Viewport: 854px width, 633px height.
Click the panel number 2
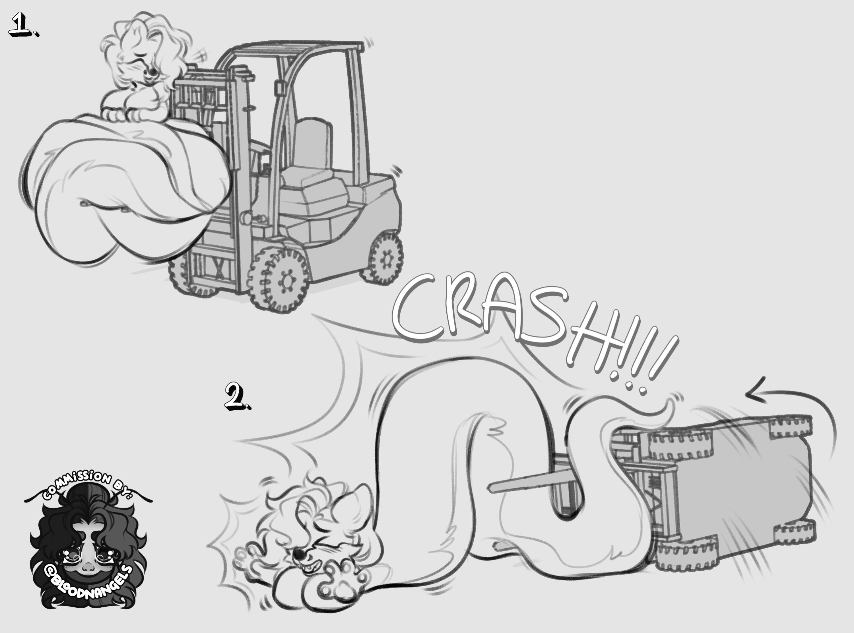coord(238,396)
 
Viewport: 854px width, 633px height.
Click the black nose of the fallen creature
coord(298,553)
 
